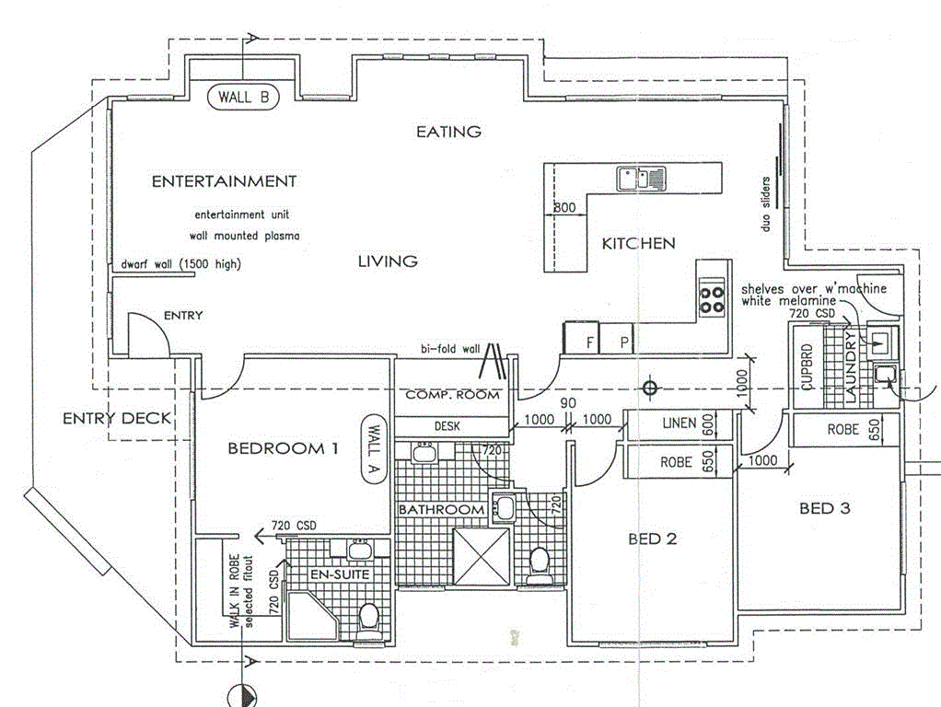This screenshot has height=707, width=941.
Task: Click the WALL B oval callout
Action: [x=243, y=96]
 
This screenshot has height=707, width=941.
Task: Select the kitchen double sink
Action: [x=642, y=177]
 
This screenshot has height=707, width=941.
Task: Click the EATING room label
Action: [x=448, y=132]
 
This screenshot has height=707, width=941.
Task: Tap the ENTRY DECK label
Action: [x=117, y=419]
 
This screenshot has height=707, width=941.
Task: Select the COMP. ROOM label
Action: [x=452, y=395]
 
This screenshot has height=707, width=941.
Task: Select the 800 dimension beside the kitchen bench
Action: [x=564, y=208]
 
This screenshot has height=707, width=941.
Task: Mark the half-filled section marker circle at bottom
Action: [x=242, y=695]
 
